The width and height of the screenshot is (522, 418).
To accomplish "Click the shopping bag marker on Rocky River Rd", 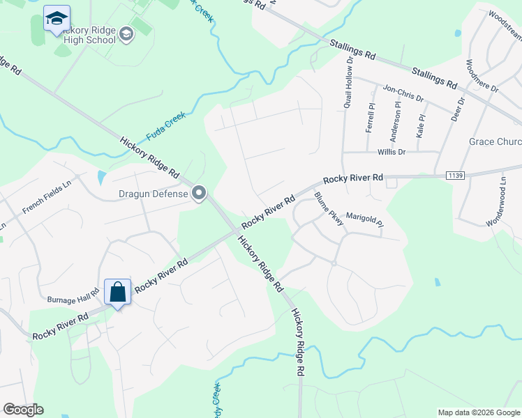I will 118,293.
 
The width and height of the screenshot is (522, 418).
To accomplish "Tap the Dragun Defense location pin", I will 199,193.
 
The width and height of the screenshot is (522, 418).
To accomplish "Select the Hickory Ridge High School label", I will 87,35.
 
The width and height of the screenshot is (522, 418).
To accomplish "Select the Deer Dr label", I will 459,111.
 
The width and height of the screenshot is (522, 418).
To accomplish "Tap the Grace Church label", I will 495,142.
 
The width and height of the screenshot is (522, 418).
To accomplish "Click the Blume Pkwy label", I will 329,210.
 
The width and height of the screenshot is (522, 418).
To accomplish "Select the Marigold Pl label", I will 365,220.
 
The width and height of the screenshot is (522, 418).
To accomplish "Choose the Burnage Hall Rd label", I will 73,298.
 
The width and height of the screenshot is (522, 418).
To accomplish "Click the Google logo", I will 23,410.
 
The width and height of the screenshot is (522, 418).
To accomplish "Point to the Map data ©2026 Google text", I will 478,412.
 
